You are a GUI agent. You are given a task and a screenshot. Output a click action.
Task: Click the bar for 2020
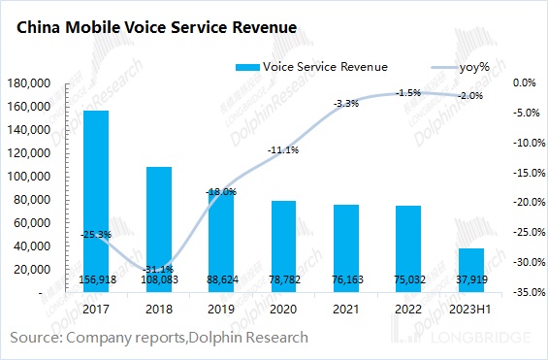coord(283,243)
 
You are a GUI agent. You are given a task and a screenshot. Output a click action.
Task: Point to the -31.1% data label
coord(158,269)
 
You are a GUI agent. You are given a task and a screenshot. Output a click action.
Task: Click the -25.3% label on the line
coord(95,234)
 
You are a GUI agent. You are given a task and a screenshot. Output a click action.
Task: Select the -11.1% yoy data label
coord(283,150)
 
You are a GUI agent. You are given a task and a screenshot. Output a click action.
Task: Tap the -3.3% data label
coord(346,103)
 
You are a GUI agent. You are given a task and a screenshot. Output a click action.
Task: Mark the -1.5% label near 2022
coord(408,93)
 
